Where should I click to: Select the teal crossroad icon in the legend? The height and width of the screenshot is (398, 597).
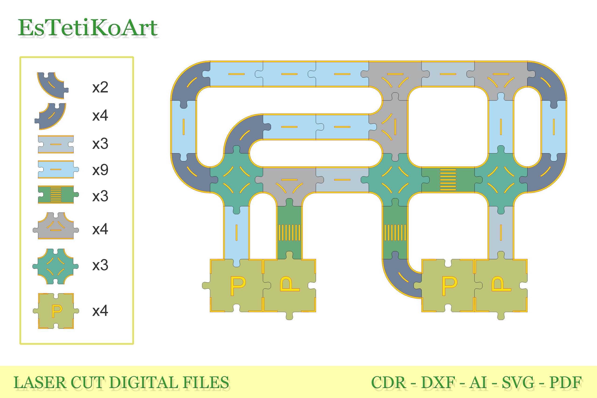click(x=56, y=266)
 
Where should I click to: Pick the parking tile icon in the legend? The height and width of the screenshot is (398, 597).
click(x=56, y=311)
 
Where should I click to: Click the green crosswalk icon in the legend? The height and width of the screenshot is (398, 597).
click(x=58, y=195)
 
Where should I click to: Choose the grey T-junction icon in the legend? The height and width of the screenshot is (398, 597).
click(x=56, y=226)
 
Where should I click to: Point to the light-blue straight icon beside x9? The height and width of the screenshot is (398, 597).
click(x=58, y=169)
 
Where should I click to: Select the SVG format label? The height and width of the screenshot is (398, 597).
click(x=518, y=383)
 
